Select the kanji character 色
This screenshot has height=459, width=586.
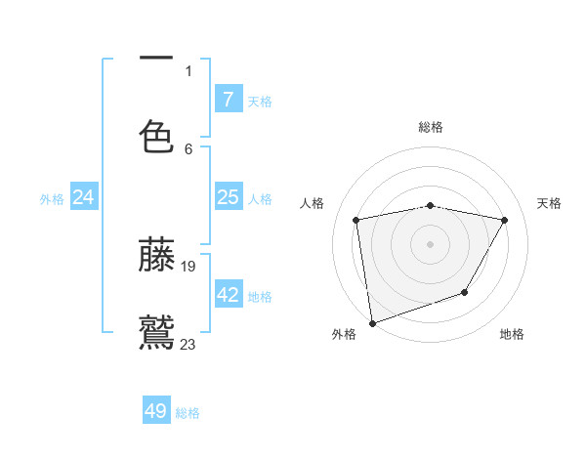[x=156, y=136]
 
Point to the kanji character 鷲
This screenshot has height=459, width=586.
[x=156, y=332]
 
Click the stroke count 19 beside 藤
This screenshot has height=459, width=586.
[x=189, y=266]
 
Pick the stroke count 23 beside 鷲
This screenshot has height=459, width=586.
[x=188, y=343]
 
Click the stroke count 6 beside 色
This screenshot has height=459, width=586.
[x=188, y=148]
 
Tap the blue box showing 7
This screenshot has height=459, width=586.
[x=229, y=100]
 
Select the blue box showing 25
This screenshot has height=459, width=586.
[x=229, y=197]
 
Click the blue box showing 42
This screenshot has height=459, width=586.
[x=229, y=295]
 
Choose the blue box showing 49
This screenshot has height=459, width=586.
[x=156, y=411]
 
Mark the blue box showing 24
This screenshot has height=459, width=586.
[x=84, y=197]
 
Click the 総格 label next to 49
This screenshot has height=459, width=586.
[x=188, y=413]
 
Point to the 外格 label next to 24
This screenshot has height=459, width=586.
[x=52, y=199]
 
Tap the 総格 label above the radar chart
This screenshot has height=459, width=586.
[x=431, y=127]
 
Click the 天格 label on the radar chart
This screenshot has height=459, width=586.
[x=550, y=203]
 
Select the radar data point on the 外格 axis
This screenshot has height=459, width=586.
[x=372, y=322]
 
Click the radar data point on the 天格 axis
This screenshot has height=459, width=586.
[x=505, y=220]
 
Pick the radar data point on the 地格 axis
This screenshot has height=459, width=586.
[x=465, y=292]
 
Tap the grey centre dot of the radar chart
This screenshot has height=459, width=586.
[x=430, y=243]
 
